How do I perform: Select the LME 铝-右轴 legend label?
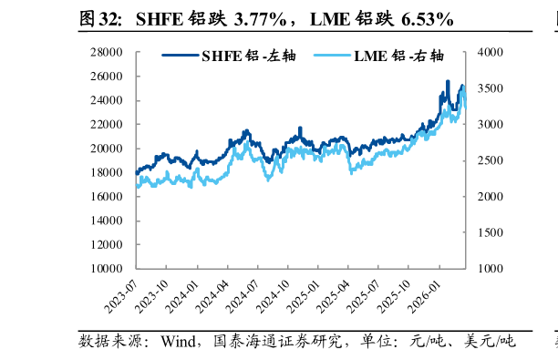pyautogui.click(x=392, y=56)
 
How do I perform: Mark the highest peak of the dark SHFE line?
pyautogui.click(x=448, y=81)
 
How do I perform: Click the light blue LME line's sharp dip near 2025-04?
pyautogui.click(x=351, y=171)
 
